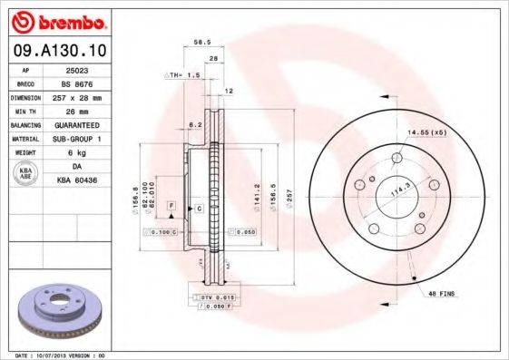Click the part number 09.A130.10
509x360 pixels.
point(57,51)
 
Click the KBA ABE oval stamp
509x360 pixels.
point(26,172)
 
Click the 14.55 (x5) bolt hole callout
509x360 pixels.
point(426,133)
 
